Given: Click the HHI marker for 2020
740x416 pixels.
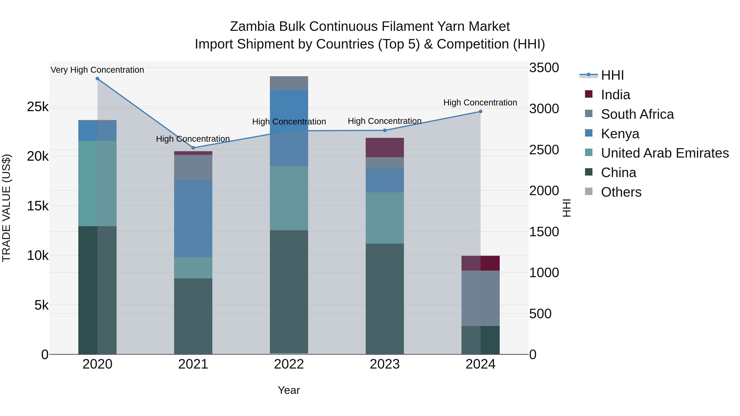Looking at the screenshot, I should pos(97,79).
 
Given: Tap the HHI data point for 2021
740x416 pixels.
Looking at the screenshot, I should pos(193,148).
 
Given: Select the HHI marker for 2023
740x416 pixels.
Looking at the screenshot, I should pos(385,130).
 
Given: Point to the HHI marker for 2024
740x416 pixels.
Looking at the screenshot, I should pos(480,112).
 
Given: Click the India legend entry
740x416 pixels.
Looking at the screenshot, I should pos(615,95).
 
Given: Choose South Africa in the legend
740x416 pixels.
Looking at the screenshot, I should pos(637,114).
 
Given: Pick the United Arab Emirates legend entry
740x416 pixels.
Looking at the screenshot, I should pos(665,153).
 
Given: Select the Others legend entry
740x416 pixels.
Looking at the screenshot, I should pos(621,192).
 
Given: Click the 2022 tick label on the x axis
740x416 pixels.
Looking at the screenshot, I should pos(289,364).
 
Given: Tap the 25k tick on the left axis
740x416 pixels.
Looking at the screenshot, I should pos(38,107).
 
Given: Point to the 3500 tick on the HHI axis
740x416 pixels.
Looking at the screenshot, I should pos(544,68).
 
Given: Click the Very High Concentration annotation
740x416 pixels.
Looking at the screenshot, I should pos(97,70).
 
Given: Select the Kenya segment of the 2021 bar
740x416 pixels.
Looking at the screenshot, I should pos(193,219).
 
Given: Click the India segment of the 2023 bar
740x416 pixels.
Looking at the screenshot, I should pos(385,147).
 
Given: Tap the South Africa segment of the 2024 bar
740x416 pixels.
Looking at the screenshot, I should pos(480,298).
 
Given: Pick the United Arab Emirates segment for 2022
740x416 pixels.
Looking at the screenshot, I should pos(289,198).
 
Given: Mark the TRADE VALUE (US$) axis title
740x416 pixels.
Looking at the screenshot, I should pos(6,208).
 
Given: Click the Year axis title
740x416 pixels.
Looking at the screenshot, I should pos(289,390).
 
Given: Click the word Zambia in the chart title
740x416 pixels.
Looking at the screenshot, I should pos(252,27).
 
